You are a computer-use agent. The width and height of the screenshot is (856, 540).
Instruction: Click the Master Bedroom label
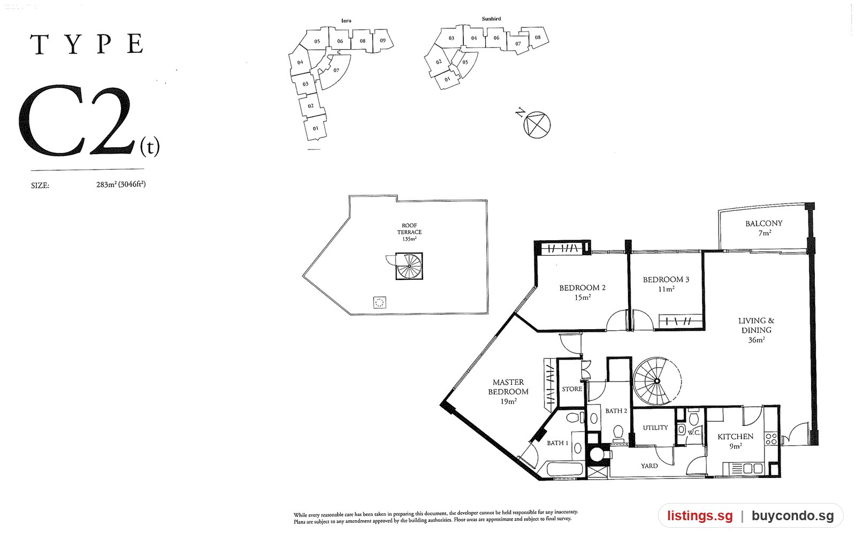point(508,392)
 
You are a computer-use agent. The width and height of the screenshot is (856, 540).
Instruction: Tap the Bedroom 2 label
point(583,292)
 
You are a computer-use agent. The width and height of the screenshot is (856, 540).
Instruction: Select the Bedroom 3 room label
point(666,284)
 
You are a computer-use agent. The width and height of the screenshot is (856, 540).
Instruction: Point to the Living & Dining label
point(756,330)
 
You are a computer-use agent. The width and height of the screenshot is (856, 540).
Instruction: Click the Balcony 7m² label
point(764,228)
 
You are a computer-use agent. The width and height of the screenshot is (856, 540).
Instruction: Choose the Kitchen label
point(735,441)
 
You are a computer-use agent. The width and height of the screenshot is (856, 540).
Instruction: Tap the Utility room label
point(655,428)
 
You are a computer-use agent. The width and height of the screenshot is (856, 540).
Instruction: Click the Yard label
point(649,466)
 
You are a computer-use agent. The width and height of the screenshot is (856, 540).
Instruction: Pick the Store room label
point(572,389)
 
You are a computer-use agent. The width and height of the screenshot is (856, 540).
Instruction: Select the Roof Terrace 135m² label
point(409,232)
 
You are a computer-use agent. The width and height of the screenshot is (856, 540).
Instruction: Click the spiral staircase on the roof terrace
point(409,266)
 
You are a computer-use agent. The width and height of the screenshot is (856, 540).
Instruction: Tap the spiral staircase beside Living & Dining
point(657,381)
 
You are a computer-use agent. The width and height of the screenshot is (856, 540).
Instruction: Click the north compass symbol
point(537,125)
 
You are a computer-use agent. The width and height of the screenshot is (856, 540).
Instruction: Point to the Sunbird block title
point(492,19)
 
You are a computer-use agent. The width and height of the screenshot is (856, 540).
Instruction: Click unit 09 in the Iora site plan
point(383,41)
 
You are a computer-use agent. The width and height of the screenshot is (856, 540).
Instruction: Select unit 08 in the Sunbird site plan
point(538,37)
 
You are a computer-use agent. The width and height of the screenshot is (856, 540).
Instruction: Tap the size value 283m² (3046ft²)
point(121,185)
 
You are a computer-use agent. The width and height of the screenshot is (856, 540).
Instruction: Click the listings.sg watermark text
point(700,516)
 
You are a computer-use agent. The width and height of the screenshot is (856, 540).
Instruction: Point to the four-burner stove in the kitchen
point(771,439)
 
